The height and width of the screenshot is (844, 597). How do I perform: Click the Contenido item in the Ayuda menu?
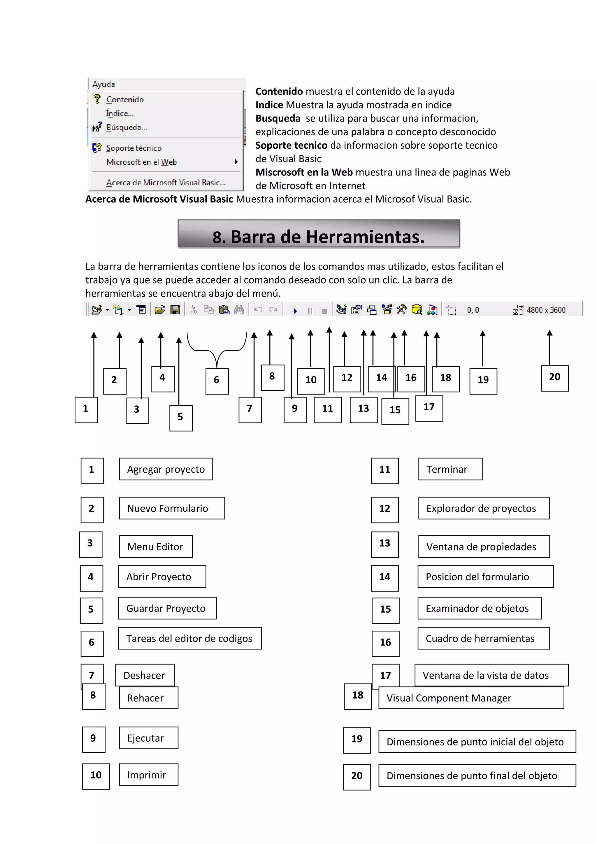click(x=125, y=100)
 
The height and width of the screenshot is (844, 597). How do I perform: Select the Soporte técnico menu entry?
click(x=134, y=148)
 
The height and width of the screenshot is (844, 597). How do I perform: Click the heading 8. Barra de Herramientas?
click(x=318, y=236)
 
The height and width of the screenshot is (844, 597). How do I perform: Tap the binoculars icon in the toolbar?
click(x=239, y=310)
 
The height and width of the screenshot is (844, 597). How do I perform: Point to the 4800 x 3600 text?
click(x=546, y=310)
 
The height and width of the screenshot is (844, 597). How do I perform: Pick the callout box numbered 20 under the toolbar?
click(x=554, y=378)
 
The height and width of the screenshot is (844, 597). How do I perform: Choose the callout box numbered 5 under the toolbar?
click(x=180, y=418)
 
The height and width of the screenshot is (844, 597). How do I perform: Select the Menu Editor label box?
click(x=155, y=547)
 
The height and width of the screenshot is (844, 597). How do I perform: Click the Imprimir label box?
click(x=148, y=775)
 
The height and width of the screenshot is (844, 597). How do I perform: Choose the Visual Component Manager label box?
click(x=471, y=698)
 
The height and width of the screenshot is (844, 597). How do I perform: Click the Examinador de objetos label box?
click(x=479, y=608)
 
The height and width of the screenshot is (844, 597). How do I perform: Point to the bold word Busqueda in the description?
click(x=278, y=118)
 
